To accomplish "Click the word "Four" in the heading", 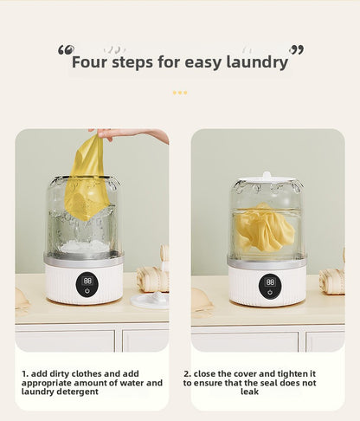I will (90, 62).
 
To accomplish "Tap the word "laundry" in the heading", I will (256, 62).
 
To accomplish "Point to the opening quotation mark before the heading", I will (66, 50).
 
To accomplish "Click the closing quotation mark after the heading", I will (297, 50).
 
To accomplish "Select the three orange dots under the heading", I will (180, 92).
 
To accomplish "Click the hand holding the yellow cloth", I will (130, 135).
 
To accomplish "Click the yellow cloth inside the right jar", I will (264, 227).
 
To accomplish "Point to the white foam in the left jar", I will (84, 247).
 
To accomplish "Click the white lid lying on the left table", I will (148, 300).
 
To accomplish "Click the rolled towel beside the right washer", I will (331, 280).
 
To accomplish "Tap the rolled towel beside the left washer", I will (154, 278).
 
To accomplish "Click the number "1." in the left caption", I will (25, 373).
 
